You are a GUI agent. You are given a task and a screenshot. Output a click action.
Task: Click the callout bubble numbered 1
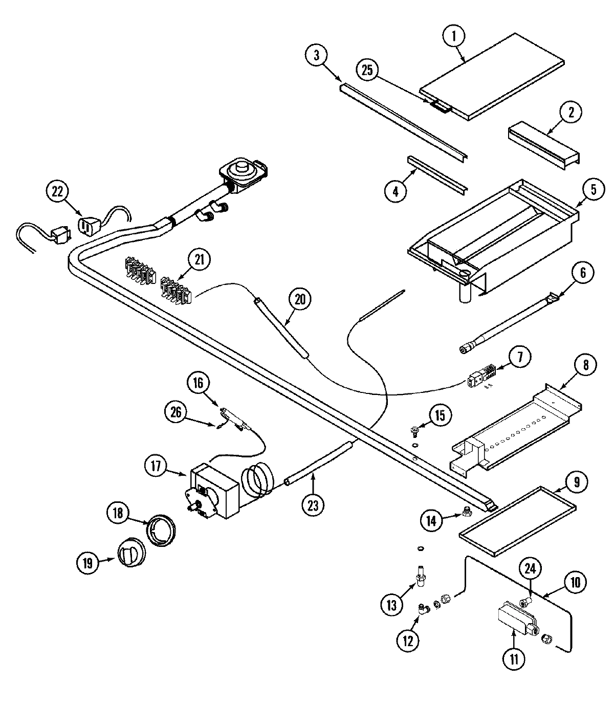pyautogui.click(x=455, y=36)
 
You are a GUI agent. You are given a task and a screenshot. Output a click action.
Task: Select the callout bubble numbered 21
pyautogui.click(x=199, y=260)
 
